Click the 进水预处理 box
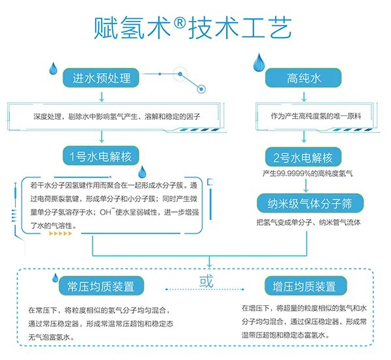[x=102, y=78]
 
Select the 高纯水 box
[x=305, y=79]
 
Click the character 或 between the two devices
[x=206, y=282]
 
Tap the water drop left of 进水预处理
[x=55, y=68]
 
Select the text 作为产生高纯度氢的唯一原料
[x=310, y=115]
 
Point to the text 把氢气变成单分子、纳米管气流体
[x=309, y=222]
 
